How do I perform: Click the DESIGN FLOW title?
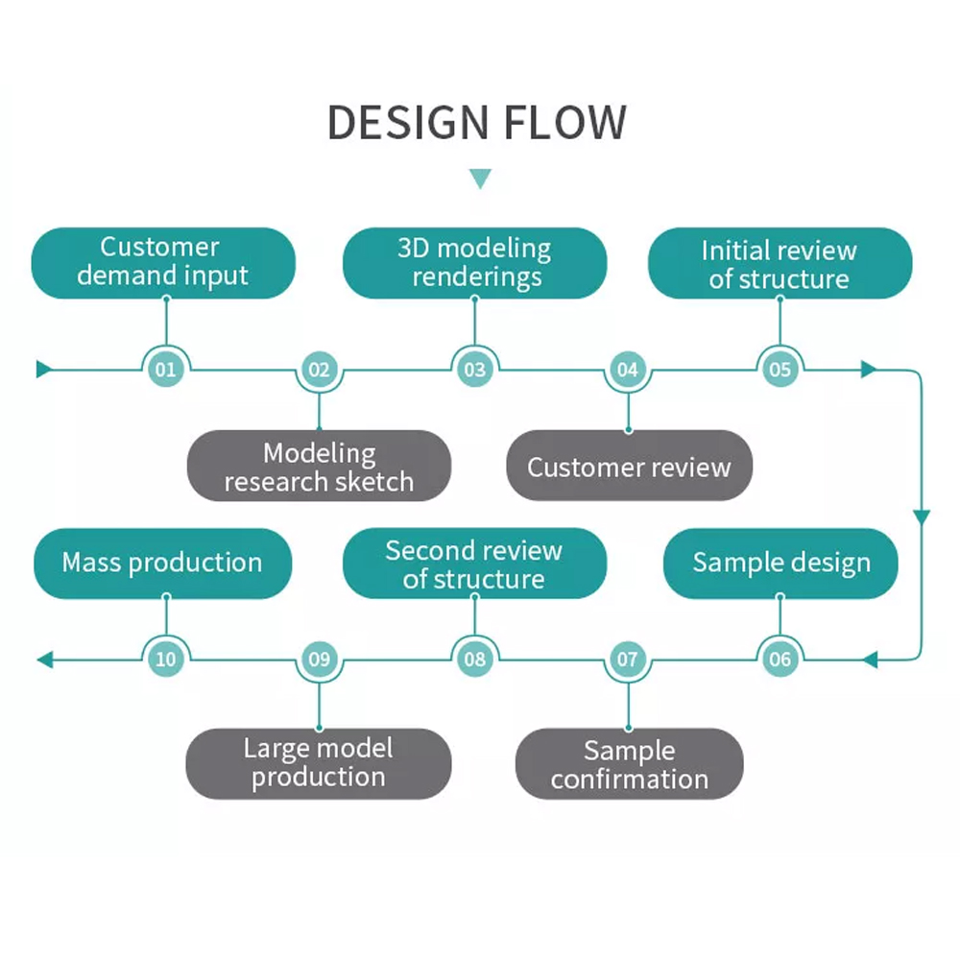coord(477,124)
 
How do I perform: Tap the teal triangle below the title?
coord(480,179)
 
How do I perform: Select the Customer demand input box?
coord(163,262)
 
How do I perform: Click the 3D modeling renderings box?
coord(474,262)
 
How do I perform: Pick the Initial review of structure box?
coord(779,264)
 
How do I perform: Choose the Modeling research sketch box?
coord(319,467)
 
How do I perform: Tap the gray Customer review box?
coord(629,468)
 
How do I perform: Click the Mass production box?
coord(162,563)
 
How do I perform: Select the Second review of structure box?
coord(474,564)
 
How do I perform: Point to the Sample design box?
coord(780,563)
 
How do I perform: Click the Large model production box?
coord(318,763)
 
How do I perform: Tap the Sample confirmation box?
coord(629,764)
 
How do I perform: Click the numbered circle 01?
coord(166,369)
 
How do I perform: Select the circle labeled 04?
coord(628,369)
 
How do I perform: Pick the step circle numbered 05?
coord(780,369)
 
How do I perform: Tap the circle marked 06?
coord(780,660)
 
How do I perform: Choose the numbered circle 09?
coord(319,660)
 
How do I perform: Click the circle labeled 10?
coord(166,660)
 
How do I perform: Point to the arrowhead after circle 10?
coord(44,660)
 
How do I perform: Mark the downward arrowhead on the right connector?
coord(922,517)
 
